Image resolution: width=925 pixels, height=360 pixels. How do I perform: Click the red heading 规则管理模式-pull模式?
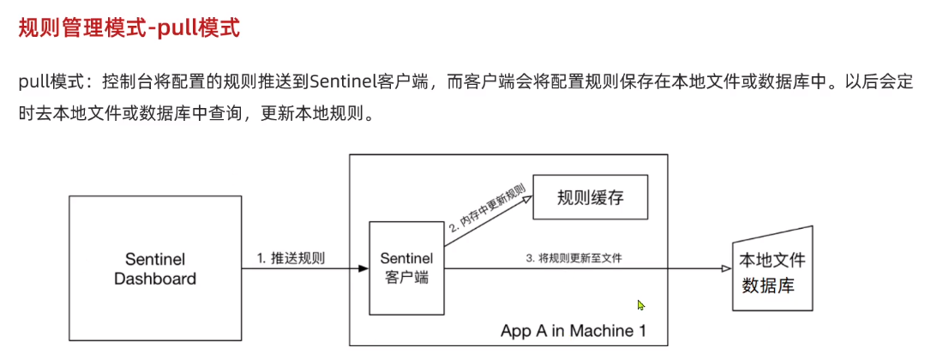pos(129,29)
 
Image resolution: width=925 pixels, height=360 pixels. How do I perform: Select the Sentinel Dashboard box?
pos(155,267)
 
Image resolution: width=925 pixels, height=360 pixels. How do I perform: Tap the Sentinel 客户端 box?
pos(406,267)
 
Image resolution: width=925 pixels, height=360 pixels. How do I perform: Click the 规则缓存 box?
pos(590,198)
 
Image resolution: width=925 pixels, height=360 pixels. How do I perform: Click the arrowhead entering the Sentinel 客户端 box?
pos(363,269)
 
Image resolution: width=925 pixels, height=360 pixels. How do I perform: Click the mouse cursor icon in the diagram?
pos(641,305)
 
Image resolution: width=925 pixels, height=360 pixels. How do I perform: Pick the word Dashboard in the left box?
pos(155,279)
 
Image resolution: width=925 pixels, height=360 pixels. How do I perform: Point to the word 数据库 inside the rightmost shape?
pos(768,285)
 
